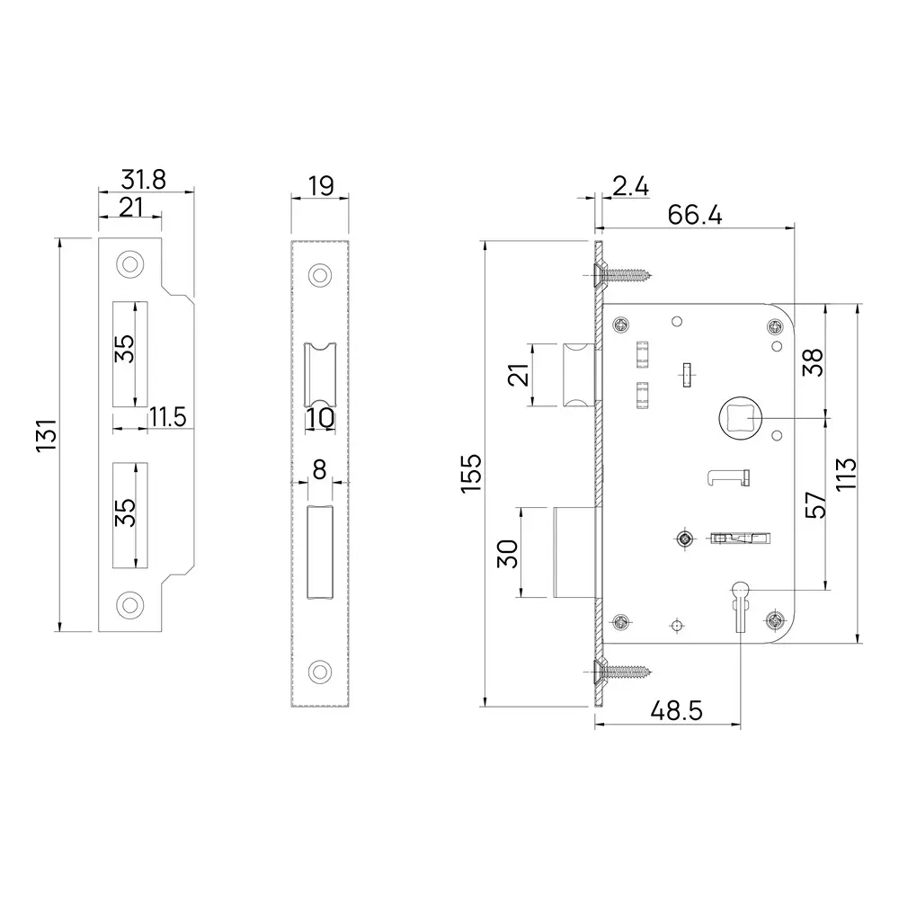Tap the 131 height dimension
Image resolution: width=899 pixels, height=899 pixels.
(47, 435)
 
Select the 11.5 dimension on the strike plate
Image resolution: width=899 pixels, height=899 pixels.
(167, 416)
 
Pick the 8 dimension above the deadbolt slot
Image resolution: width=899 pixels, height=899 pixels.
(319, 469)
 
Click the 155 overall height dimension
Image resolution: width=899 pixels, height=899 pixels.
(474, 473)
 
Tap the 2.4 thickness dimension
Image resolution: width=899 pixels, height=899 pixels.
(630, 186)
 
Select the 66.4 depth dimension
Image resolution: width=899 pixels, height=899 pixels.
(696, 215)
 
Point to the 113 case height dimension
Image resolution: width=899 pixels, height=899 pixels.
(844, 473)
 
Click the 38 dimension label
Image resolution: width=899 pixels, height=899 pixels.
(811, 362)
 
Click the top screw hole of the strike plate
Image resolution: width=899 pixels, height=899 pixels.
(131, 264)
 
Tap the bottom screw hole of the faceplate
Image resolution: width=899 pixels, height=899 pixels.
(319, 670)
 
